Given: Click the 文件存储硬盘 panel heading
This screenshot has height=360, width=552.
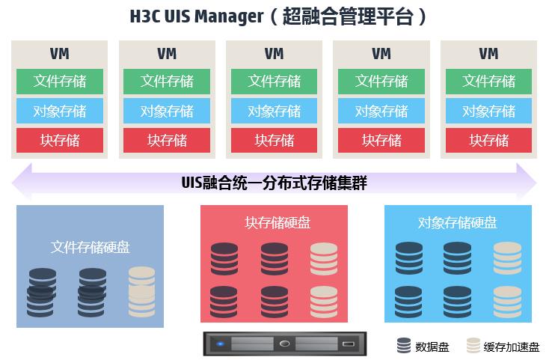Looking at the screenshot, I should [90, 247].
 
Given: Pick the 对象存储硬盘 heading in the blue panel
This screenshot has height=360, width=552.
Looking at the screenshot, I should [457, 222].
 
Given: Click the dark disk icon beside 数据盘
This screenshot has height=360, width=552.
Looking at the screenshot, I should [404, 346].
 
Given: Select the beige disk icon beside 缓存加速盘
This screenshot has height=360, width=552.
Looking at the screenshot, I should [473, 346].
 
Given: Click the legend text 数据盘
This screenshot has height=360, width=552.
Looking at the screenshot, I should [432, 347].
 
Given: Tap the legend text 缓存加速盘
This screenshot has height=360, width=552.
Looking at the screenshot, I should [512, 347].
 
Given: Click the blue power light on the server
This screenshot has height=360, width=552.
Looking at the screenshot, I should [219, 344].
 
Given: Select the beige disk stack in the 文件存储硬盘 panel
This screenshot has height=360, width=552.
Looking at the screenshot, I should [141, 290].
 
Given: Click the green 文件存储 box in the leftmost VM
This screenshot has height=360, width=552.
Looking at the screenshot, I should [59, 82].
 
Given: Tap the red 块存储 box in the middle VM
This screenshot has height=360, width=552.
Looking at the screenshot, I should [274, 140].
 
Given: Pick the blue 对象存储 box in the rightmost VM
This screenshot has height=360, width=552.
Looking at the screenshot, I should [488, 112].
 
